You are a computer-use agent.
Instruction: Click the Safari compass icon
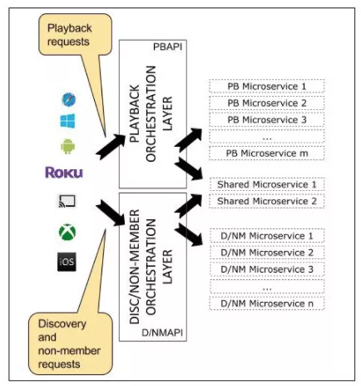[x=68, y=99]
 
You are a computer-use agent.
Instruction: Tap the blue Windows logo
[x=67, y=121]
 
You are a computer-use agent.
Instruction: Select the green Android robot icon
[x=68, y=146]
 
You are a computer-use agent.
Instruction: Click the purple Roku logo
[x=64, y=173]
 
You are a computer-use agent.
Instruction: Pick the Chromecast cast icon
[x=67, y=201]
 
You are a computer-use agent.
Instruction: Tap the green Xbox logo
[x=67, y=232]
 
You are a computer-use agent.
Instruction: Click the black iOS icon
[x=67, y=262]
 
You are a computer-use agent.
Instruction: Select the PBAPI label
[x=168, y=47]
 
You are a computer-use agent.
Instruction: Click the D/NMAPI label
[x=162, y=333]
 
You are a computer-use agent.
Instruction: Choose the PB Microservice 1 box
[x=267, y=87]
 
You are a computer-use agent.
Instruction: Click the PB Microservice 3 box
[x=267, y=120]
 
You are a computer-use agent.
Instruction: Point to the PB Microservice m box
[x=267, y=153]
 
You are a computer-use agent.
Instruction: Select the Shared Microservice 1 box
[x=267, y=184]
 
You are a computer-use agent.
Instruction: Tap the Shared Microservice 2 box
[x=267, y=201]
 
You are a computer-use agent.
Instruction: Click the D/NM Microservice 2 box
[x=267, y=253]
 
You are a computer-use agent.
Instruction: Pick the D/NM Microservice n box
[x=267, y=303]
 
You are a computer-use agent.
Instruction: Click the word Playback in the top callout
[x=70, y=28]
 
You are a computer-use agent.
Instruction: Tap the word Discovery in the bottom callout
[x=62, y=323]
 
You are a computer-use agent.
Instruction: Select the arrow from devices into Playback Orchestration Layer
[x=111, y=147]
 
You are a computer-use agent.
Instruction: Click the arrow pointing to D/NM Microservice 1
[x=189, y=234]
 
